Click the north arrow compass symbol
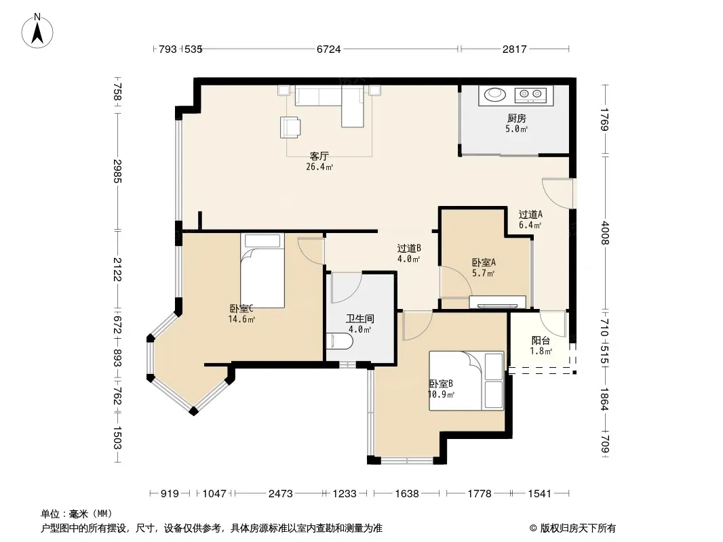(37, 31)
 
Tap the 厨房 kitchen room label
(516, 119)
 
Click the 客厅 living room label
(319, 156)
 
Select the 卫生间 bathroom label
(360, 318)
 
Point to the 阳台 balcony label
(541, 341)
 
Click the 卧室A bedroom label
(484, 262)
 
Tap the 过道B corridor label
(410, 249)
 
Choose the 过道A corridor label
(530, 214)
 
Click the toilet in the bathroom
(339, 341)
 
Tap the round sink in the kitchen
(494, 94)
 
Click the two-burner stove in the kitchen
(531, 95)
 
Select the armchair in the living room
(290, 127)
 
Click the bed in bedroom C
(262, 270)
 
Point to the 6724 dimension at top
(329, 49)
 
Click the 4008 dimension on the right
(605, 233)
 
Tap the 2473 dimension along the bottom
(280, 494)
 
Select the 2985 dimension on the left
(117, 171)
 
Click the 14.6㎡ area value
(241, 319)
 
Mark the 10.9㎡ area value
(442, 394)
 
